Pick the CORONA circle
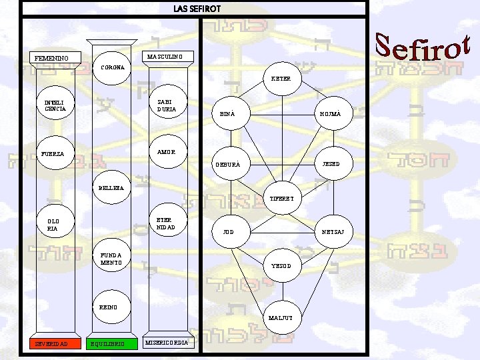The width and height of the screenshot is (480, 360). coord(112,67)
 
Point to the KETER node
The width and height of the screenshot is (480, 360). coord(281,79)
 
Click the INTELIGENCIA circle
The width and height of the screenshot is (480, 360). coord(55,105)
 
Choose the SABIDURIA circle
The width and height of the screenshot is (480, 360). coord(167,105)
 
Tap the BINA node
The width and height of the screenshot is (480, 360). coord(227,114)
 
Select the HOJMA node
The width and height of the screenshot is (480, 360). coord(331,114)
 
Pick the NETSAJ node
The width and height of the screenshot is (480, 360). coord(333,232)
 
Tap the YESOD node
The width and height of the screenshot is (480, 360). coord(281,265)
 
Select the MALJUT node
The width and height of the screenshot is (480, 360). coord(281,318)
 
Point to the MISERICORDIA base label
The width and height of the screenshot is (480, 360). coord(169,343)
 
